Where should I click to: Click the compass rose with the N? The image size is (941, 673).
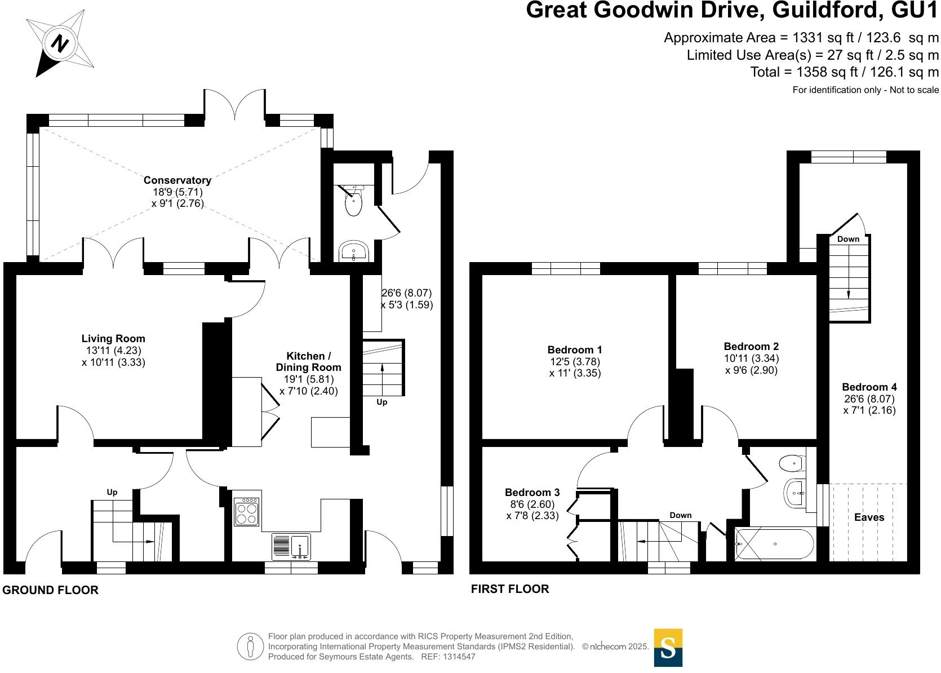tap(60, 44)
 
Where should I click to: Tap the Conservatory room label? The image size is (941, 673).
tap(177, 180)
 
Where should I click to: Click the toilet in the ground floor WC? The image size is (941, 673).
tap(353, 203)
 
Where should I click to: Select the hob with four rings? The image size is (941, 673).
tap(247, 512)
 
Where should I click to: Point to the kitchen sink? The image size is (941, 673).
tap(291, 546)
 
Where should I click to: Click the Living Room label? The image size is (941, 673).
tap(113, 339)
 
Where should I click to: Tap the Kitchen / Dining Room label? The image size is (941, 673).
tap(308, 361)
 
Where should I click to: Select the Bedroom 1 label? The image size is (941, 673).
tap(575, 350)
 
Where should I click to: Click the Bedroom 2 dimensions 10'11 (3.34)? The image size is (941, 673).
tap(751, 358)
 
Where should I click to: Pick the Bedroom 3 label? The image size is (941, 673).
tap(532, 493)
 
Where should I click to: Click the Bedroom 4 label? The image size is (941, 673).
tap(869, 387)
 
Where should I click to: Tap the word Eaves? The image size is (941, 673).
tap(869, 517)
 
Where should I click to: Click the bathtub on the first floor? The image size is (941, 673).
tap(775, 544)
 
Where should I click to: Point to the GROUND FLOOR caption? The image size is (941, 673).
tap(51, 590)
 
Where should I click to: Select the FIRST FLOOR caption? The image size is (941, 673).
tap(510, 589)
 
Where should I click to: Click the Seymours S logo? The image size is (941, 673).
tap(668, 648)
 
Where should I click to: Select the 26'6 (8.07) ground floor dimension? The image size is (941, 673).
tap(406, 293)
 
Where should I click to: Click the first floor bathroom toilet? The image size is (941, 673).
tap(792, 463)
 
